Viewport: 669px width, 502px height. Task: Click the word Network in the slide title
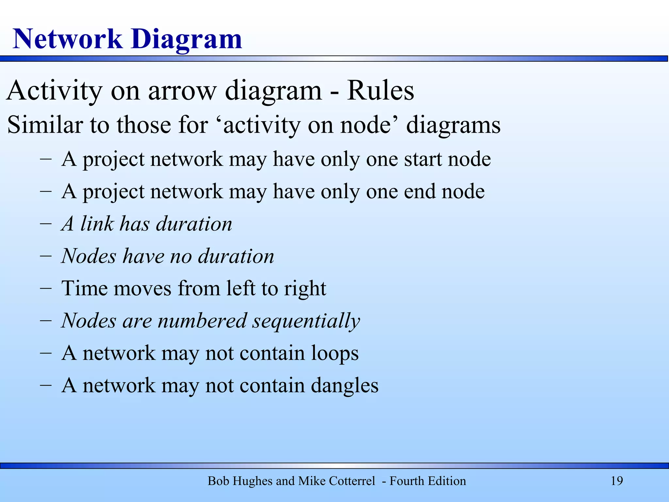pyautogui.click(x=67, y=39)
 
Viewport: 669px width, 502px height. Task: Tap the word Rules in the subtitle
pyautogui.click(x=380, y=91)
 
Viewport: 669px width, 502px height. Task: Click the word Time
pyautogui.click(x=84, y=288)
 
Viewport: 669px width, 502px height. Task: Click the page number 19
pyautogui.click(x=617, y=481)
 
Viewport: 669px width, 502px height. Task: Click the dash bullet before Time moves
pyautogui.click(x=46, y=289)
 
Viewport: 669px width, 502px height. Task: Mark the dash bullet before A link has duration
pyautogui.click(x=46, y=224)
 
